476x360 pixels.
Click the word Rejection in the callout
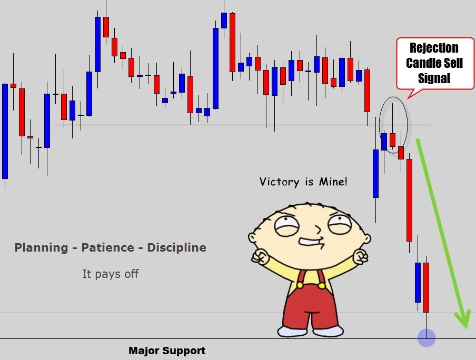[434, 48]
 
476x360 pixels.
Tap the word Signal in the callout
[434, 78]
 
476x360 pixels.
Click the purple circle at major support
[427, 338]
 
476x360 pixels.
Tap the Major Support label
[167, 351]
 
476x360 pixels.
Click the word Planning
[41, 248]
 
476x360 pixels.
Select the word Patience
[107, 247]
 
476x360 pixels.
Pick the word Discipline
[177, 247]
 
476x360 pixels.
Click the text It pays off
[111, 274]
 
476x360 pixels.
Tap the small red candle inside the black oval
[393, 140]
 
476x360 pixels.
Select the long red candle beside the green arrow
[410, 201]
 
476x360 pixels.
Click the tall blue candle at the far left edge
[5, 131]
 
